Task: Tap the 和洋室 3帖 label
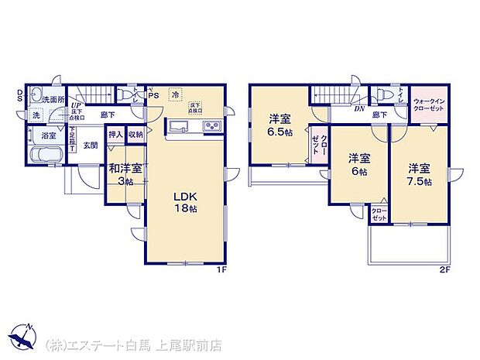tap(124, 174)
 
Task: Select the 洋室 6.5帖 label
tap(280, 125)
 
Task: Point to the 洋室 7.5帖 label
tap(420, 174)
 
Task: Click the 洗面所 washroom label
tap(53, 99)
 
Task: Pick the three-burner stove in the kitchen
tap(212, 127)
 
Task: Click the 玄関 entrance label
tap(91, 145)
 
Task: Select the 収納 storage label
tap(135, 134)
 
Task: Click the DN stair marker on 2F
tap(359, 109)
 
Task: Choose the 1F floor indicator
tap(221, 269)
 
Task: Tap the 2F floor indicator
tap(445, 269)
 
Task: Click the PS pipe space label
tap(153, 95)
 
